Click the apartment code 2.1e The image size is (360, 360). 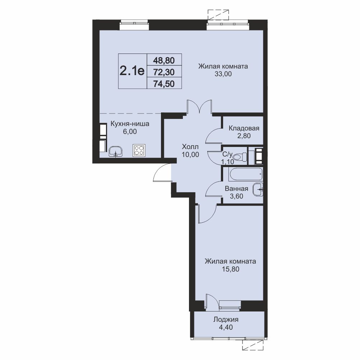tap(132, 70)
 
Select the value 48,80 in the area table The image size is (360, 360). tap(164, 60)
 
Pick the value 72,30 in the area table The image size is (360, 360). tap(164, 72)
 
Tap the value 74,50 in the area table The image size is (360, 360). tap(164, 84)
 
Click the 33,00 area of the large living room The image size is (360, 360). tap(223, 74)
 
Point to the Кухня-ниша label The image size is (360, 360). tap(130, 124)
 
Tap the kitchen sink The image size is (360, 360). tap(116, 152)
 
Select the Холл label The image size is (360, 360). tap(190, 147)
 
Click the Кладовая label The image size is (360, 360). tap(244, 128)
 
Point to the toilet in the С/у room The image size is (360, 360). tap(239, 157)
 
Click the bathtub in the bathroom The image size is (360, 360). tap(245, 174)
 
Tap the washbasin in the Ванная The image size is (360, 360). tap(258, 189)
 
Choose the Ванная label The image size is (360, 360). tap(236, 189)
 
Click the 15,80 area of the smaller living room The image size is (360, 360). tap(231, 269)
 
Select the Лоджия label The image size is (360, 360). tap(226, 319)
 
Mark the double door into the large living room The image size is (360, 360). tap(199, 106)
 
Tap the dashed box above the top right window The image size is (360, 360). tap(218, 15)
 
